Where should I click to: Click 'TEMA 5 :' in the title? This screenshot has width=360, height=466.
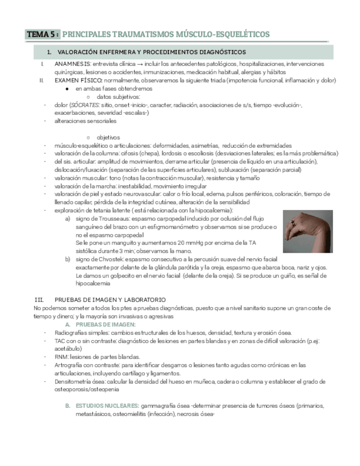point(42,34)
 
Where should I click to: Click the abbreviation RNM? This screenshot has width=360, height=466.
point(61,357)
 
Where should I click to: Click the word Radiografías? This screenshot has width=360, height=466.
point(72,332)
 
